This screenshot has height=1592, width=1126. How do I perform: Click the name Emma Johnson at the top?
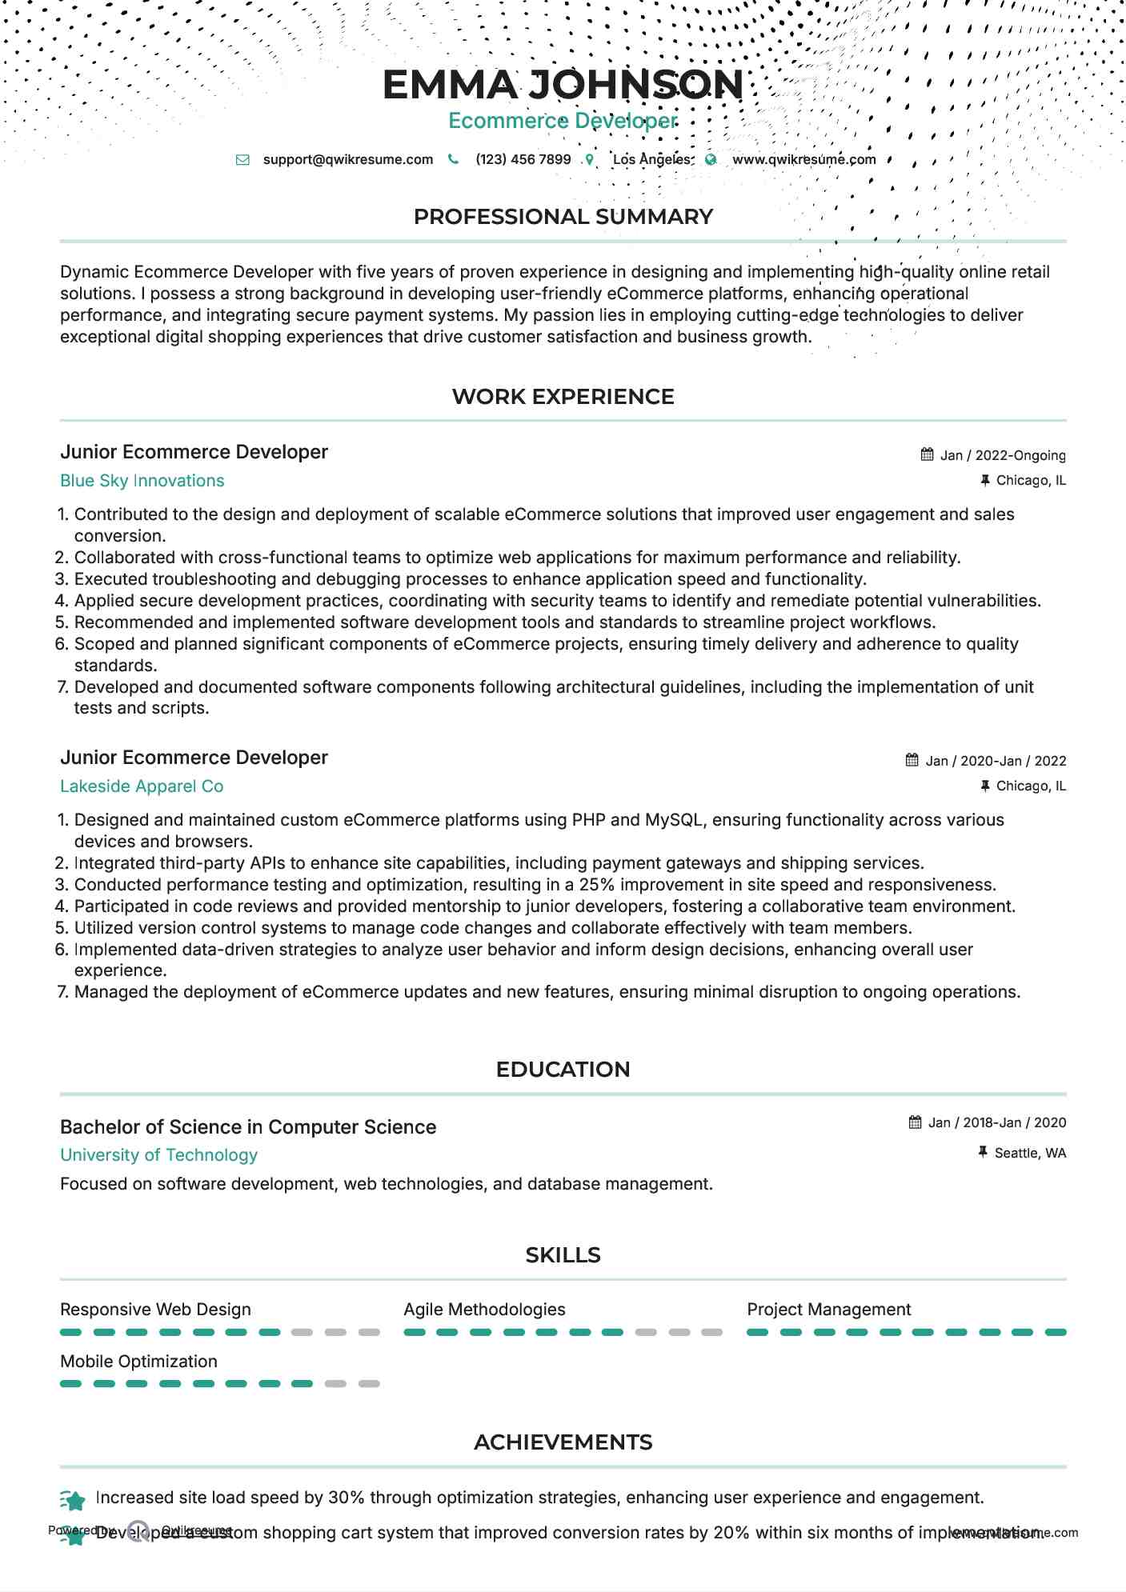(563, 85)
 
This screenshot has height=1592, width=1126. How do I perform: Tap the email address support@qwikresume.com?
(347, 159)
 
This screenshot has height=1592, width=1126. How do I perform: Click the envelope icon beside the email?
(242, 160)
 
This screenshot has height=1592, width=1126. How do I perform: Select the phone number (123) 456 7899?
(523, 159)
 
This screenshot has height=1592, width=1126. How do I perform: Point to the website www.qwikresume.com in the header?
(803, 159)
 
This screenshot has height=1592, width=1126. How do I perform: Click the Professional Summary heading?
(563, 217)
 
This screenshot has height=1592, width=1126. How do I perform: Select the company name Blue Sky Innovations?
(142, 481)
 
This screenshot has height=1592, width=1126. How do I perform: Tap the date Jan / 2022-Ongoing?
(1002, 455)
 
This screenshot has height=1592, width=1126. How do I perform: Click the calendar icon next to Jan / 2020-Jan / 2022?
(912, 760)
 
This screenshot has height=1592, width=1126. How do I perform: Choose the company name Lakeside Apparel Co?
(142, 786)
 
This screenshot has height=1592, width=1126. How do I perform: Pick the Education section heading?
(563, 1070)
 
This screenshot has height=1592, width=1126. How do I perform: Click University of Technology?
(158, 1155)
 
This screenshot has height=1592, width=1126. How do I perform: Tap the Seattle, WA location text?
(1029, 1153)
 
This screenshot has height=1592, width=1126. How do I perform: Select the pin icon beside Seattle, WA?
(983, 1152)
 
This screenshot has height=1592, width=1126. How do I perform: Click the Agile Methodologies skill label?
(484, 1310)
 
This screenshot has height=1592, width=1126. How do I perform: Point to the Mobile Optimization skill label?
(138, 1362)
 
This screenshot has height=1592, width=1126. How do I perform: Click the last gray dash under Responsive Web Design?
(369, 1332)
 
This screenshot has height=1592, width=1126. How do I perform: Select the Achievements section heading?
(563, 1442)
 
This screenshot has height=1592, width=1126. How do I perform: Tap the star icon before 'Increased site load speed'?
(73, 1500)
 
